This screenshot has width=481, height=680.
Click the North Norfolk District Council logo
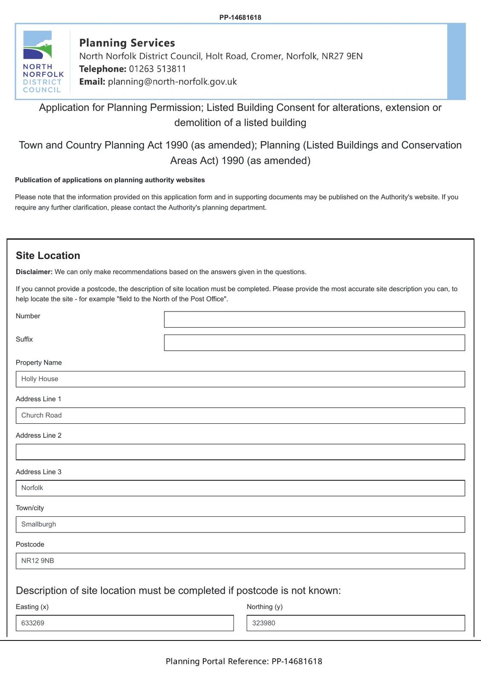coord(43,62)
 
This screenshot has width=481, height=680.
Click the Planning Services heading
coord(127,43)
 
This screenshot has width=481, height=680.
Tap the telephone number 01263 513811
coord(157,69)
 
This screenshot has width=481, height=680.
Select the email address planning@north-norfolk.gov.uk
coord(172,82)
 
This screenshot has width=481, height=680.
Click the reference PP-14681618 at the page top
coord(240,17)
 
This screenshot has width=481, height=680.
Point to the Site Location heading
coord(48,255)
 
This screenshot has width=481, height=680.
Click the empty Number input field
coord(314,320)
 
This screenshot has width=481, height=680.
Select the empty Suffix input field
coord(314,343)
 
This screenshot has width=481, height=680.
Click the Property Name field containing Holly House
coord(240,379)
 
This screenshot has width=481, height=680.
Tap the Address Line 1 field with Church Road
coord(240,416)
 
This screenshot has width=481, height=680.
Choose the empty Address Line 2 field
coord(240,452)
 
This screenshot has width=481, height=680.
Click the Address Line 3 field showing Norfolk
coord(240,488)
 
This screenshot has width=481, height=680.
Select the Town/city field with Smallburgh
coord(240,524)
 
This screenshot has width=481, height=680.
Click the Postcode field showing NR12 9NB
coord(240,561)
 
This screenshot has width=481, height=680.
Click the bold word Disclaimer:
coord(34,272)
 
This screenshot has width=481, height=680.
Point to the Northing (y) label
coord(265,607)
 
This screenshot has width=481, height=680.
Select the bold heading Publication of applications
coord(110,180)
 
